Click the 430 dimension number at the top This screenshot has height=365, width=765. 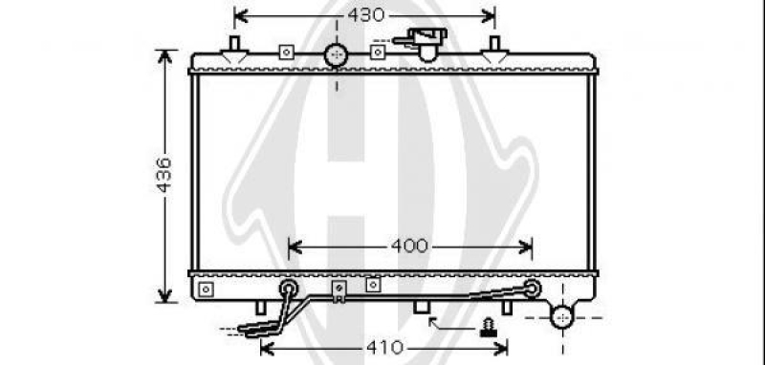(x=366, y=15)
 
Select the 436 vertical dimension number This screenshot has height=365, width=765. (x=164, y=175)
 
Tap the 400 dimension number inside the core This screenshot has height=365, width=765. (x=409, y=247)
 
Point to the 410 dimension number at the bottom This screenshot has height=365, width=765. (x=385, y=348)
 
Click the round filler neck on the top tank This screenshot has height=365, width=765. (x=337, y=55)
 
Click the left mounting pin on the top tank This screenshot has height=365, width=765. (x=234, y=50)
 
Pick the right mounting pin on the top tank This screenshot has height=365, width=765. (x=494, y=50)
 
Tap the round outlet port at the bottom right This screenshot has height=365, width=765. (x=562, y=317)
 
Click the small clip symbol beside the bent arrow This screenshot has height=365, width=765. (x=488, y=327)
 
